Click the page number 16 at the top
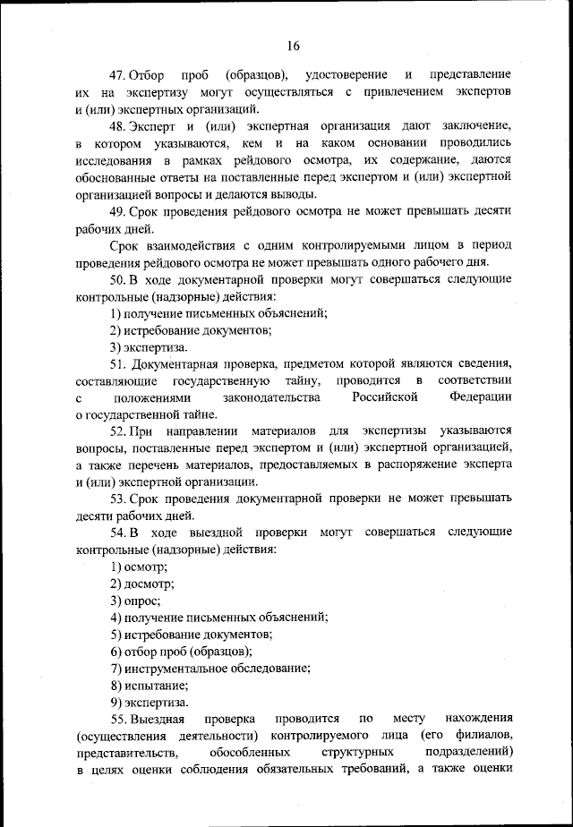pyautogui.click(x=294, y=47)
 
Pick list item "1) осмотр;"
pyautogui.click(x=139, y=567)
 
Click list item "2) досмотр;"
pyautogui.click(x=142, y=584)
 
